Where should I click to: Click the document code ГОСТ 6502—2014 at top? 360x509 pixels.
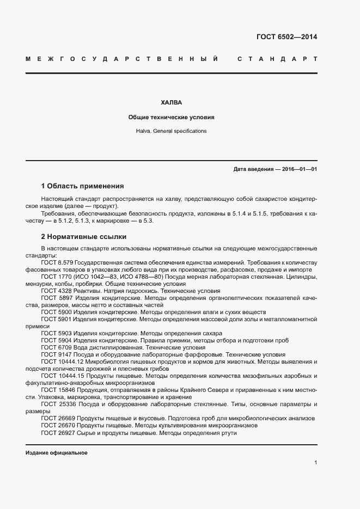click(x=286, y=37)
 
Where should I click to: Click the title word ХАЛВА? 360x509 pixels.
click(x=171, y=102)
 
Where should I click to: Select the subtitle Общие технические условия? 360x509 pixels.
click(x=171, y=117)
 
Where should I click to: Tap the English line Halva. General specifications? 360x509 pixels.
click(x=171, y=131)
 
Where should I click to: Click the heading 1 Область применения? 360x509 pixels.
click(x=83, y=186)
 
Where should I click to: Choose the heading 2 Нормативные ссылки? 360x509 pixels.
click(x=84, y=237)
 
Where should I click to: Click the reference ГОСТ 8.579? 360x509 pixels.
click(x=56, y=262)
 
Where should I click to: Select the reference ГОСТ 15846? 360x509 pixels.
click(x=57, y=390)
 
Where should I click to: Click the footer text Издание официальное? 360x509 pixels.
click(x=56, y=453)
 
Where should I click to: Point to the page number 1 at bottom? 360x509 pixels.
click(x=315, y=463)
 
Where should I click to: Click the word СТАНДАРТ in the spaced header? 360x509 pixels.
click(x=277, y=58)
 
